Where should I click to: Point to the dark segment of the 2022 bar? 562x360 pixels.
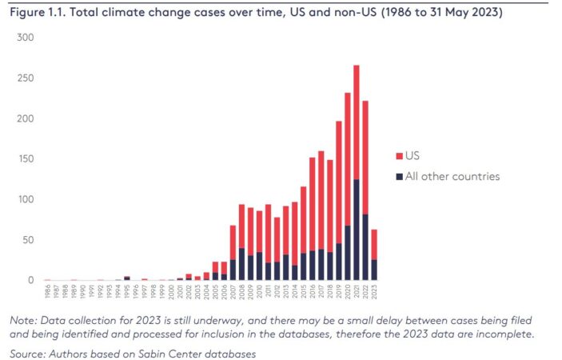click(365, 248)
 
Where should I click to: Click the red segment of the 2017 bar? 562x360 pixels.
click(321, 200)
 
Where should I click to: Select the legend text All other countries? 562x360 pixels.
click(452, 176)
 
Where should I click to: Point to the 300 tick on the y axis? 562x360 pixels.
click(26, 38)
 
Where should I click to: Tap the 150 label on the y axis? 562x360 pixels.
click(26, 159)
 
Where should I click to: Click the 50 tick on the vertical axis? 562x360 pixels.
click(28, 240)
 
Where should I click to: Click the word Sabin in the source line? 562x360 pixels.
click(156, 353)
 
